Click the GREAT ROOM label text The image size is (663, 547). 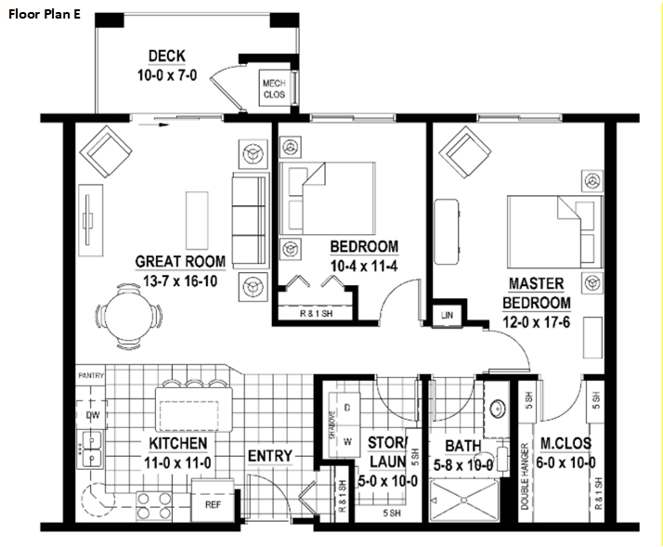tap(175, 262)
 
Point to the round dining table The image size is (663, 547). tap(129, 313)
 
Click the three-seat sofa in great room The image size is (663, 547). tap(248, 219)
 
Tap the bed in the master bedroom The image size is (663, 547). tap(544, 228)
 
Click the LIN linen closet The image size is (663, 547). tap(446, 315)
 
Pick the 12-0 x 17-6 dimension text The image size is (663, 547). tap(538, 322)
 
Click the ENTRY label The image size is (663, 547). tap(269, 456)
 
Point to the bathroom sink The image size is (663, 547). tap(496, 407)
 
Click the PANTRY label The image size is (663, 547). tap(91, 375)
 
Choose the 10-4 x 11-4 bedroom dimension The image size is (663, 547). tap(364, 265)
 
